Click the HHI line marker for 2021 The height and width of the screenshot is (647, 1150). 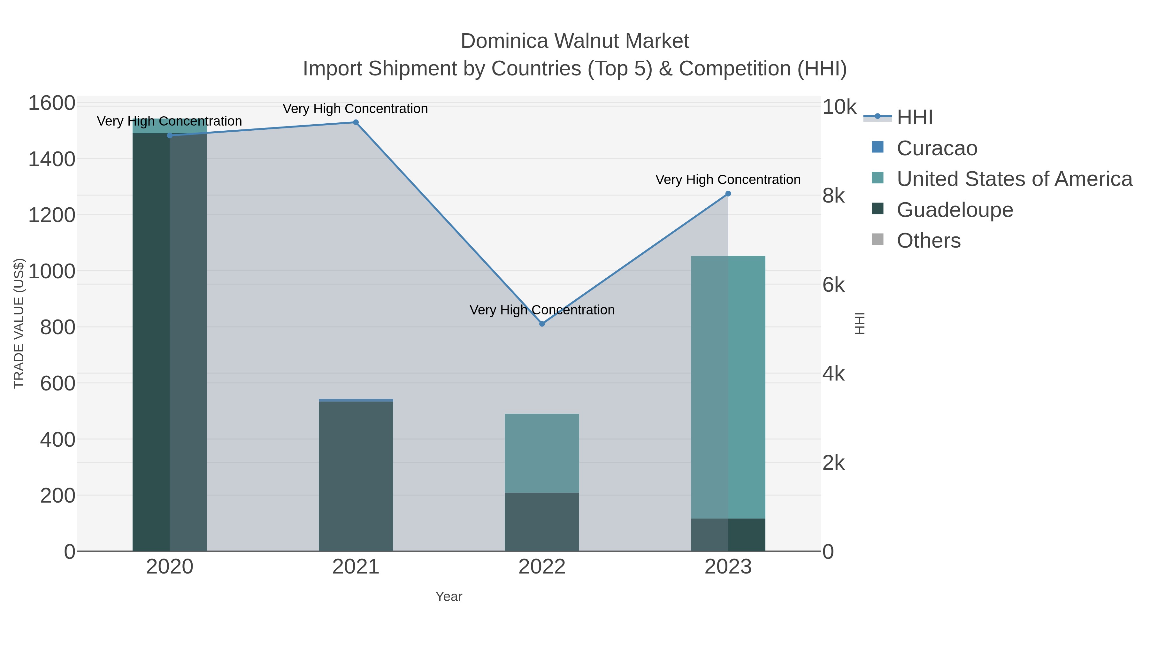(x=356, y=122)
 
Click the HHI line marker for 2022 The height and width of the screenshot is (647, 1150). (x=542, y=324)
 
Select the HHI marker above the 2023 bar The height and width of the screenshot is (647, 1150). (x=728, y=194)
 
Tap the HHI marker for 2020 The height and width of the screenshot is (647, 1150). (x=170, y=135)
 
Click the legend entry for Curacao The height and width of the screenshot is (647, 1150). (x=937, y=148)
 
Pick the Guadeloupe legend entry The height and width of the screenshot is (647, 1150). (x=954, y=210)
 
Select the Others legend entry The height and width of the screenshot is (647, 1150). (x=929, y=241)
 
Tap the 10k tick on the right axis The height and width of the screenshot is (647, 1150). (x=839, y=107)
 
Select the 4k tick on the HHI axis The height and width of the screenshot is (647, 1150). (x=833, y=374)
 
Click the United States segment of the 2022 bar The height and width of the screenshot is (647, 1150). (x=542, y=453)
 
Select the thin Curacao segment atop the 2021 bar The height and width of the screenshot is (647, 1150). (x=356, y=400)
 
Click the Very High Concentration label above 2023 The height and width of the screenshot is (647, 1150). (x=728, y=180)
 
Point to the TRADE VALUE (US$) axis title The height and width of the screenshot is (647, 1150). (x=19, y=323)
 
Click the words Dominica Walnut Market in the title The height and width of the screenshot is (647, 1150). (x=575, y=41)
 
